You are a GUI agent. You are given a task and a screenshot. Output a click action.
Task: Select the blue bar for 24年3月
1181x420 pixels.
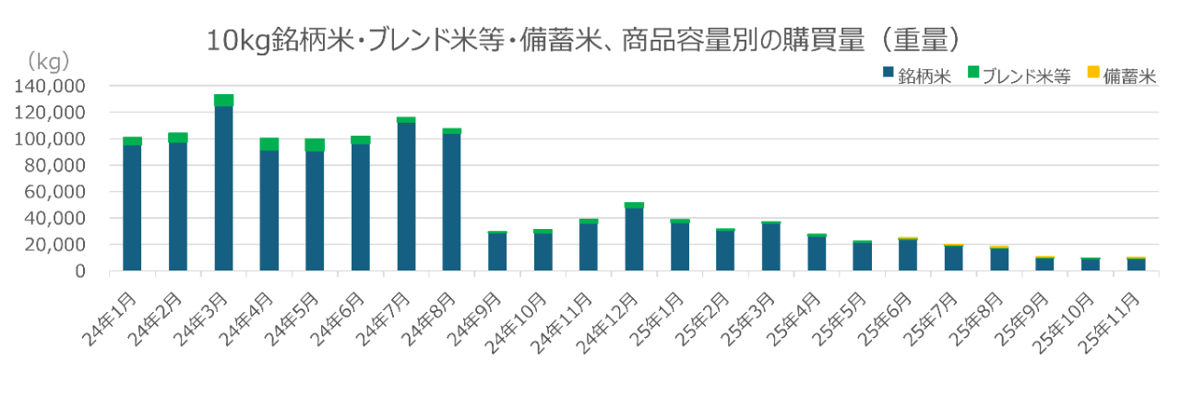pos(223,189)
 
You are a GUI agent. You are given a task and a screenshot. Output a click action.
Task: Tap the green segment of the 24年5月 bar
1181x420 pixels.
pos(315,145)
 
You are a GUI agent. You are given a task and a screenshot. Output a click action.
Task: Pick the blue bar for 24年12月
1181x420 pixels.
pos(635,240)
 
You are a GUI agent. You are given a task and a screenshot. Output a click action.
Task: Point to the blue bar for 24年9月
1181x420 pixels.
pos(497,252)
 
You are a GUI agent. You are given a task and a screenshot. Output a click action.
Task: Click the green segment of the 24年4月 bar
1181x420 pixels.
pos(269,143)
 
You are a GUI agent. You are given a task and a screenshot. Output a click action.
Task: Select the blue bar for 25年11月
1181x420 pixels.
pos(1137,265)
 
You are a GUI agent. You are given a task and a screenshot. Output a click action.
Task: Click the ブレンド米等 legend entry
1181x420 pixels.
pos(1024,76)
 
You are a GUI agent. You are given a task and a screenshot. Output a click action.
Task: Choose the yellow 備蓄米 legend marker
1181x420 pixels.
pos(1092,72)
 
